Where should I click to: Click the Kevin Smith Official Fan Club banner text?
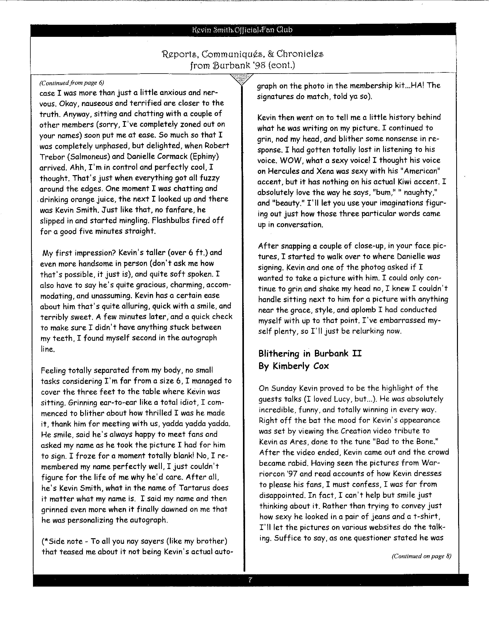coord(242,30)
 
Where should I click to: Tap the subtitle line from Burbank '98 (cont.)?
coord(242,65)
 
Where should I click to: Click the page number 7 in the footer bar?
coord(250,580)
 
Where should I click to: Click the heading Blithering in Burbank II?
coord(310,354)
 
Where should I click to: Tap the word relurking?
coord(368,331)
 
